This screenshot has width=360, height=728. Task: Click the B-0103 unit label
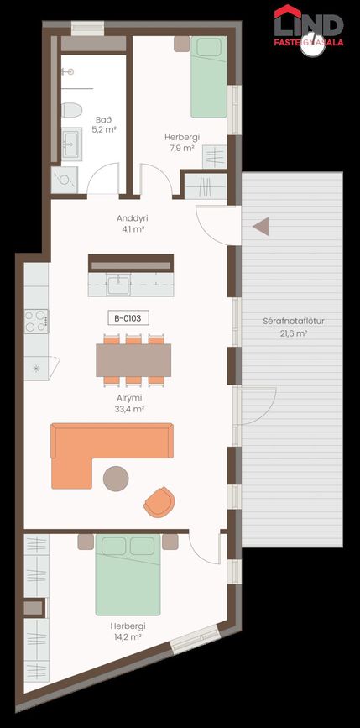(128, 318)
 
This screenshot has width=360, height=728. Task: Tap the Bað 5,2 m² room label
(105, 124)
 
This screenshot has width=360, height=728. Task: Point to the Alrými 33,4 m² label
(128, 403)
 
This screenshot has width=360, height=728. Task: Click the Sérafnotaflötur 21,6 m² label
(292, 327)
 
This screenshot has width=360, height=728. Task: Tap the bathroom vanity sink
(72, 144)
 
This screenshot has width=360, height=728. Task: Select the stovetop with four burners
(36, 321)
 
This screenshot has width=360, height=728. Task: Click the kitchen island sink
(119, 284)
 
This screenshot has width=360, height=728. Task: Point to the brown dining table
(133, 360)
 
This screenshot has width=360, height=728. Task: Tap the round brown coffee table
(116, 479)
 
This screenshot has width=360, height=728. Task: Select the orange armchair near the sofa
(159, 502)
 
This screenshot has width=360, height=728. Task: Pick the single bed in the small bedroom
(209, 76)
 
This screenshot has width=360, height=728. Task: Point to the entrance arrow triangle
(261, 227)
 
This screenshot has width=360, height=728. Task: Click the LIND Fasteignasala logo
(309, 29)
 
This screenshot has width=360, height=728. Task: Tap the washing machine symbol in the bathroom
(64, 180)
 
